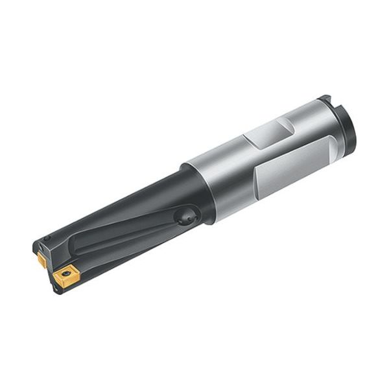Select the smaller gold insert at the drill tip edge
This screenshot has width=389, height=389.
(x=41, y=259)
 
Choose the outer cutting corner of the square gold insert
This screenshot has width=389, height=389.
(x=54, y=275)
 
